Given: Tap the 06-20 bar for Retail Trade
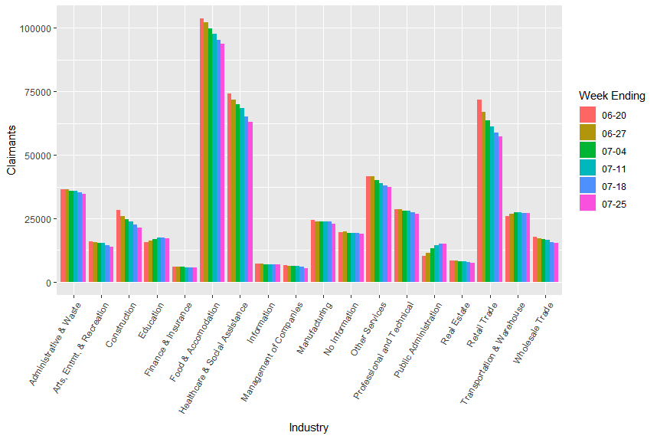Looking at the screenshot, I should pos(479,191).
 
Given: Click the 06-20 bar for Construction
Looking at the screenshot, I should pos(118,246).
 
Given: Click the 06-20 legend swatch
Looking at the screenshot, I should pos(587,114).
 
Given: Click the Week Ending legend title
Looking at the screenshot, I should pos(611,96).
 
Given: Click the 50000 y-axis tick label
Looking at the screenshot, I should pos(38,156).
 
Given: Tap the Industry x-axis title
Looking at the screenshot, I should pos(309,428).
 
